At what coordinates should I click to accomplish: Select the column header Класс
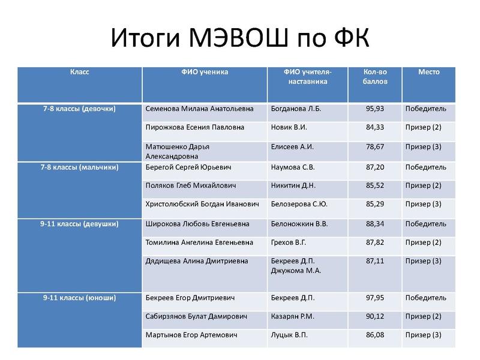[79, 72]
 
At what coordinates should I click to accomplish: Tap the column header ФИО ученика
[205, 72]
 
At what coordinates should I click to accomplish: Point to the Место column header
[428, 72]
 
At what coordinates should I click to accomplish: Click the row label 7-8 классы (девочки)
[79, 109]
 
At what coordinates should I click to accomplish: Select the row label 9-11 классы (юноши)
[79, 298]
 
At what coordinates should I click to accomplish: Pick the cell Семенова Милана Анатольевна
[200, 109]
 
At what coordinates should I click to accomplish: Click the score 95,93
[374, 109]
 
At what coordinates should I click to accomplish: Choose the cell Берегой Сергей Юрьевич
[188, 167]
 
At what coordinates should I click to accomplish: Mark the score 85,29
[374, 204]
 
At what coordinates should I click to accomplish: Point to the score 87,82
[374, 242]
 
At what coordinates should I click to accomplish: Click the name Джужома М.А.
[296, 271]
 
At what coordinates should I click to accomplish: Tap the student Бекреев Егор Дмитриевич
[190, 298]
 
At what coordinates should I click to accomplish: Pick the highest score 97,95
[374, 298]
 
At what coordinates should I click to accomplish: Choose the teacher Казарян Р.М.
[293, 316]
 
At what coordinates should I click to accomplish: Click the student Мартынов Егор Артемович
[192, 335]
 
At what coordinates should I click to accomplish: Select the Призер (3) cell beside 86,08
[423, 335]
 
